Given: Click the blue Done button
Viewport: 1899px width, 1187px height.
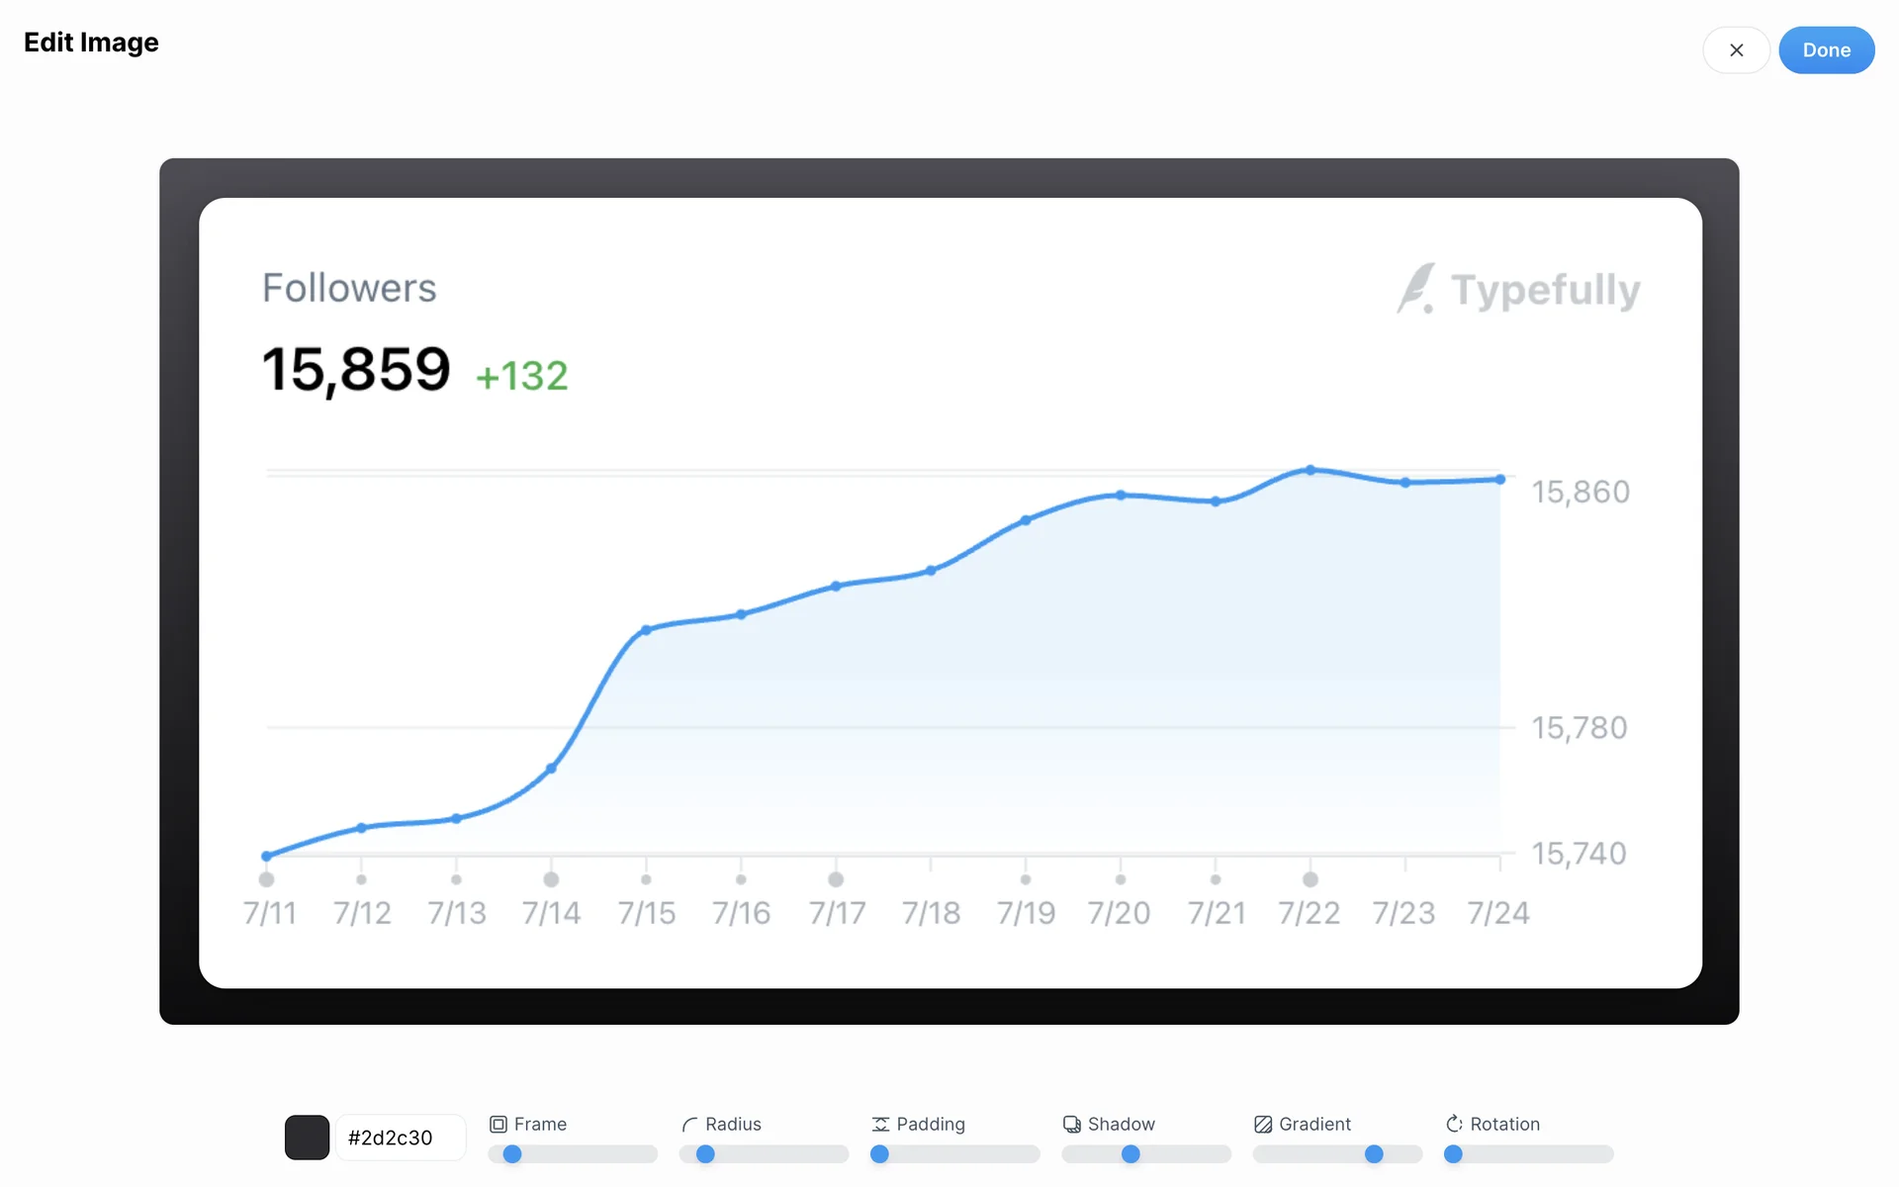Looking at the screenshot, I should coord(1826,50).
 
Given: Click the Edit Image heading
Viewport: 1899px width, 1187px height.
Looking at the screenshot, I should coord(91,43).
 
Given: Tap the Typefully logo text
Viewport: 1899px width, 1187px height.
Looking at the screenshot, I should coord(1545,290).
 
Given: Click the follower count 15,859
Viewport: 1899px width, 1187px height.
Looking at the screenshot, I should coord(356,370).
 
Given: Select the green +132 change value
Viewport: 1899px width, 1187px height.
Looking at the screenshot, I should coord(522,376).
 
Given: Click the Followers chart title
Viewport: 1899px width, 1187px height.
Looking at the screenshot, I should coord(349,288).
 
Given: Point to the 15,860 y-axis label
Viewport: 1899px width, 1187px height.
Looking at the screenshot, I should coord(1581,492).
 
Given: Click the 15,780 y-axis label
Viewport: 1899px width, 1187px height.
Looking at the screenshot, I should coord(1580,728).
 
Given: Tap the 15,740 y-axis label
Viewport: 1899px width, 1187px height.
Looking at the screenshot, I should coord(1579,853).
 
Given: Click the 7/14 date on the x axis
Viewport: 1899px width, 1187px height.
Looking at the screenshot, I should coord(551,912).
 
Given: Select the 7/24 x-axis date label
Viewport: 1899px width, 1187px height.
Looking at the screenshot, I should coord(1497,912).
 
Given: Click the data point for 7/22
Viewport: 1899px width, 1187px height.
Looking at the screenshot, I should coord(1311,470).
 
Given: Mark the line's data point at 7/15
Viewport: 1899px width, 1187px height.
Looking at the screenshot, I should coord(646,630).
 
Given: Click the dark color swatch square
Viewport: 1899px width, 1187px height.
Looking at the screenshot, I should coord(307,1138).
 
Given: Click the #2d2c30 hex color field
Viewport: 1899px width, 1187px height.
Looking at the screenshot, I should coord(400,1138).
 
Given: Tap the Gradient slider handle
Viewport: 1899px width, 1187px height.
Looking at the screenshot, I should coord(1374,1154).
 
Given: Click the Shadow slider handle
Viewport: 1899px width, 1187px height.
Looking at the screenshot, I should coord(1130,1154).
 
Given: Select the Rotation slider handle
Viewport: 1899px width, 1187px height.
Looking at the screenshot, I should coord(1453,1154).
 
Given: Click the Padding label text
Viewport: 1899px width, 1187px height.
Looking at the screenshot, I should coord(930,1124).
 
